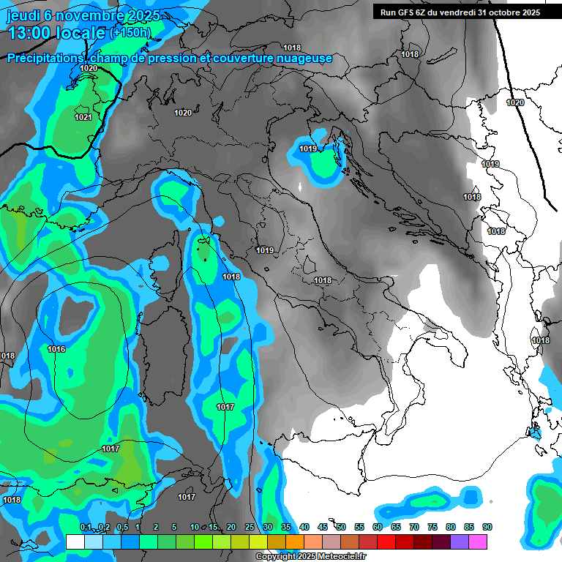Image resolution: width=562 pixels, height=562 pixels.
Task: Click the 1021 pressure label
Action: tap(83, 117)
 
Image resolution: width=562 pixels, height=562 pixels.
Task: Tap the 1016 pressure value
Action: tap(56, 349)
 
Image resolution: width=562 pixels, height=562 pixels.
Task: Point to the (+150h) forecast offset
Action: tap(130, 32)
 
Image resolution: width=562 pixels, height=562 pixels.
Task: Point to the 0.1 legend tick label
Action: tap(85, 528)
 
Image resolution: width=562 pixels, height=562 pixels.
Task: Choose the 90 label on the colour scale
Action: tap(487, 528)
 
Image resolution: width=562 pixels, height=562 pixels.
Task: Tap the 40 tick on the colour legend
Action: tap(304, 528)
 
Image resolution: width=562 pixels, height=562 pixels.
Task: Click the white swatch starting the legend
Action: tap(75, 542)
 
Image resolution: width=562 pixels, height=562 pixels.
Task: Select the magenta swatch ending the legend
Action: tap(478, 542)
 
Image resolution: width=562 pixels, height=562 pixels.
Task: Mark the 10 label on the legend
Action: tap(195, 528)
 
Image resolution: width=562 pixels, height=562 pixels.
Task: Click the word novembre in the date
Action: tap(87, 15)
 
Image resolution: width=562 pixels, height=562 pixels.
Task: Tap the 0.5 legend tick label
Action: tap(121, 528)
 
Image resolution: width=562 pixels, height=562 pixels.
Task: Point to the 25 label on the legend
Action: tap(250, 528)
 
